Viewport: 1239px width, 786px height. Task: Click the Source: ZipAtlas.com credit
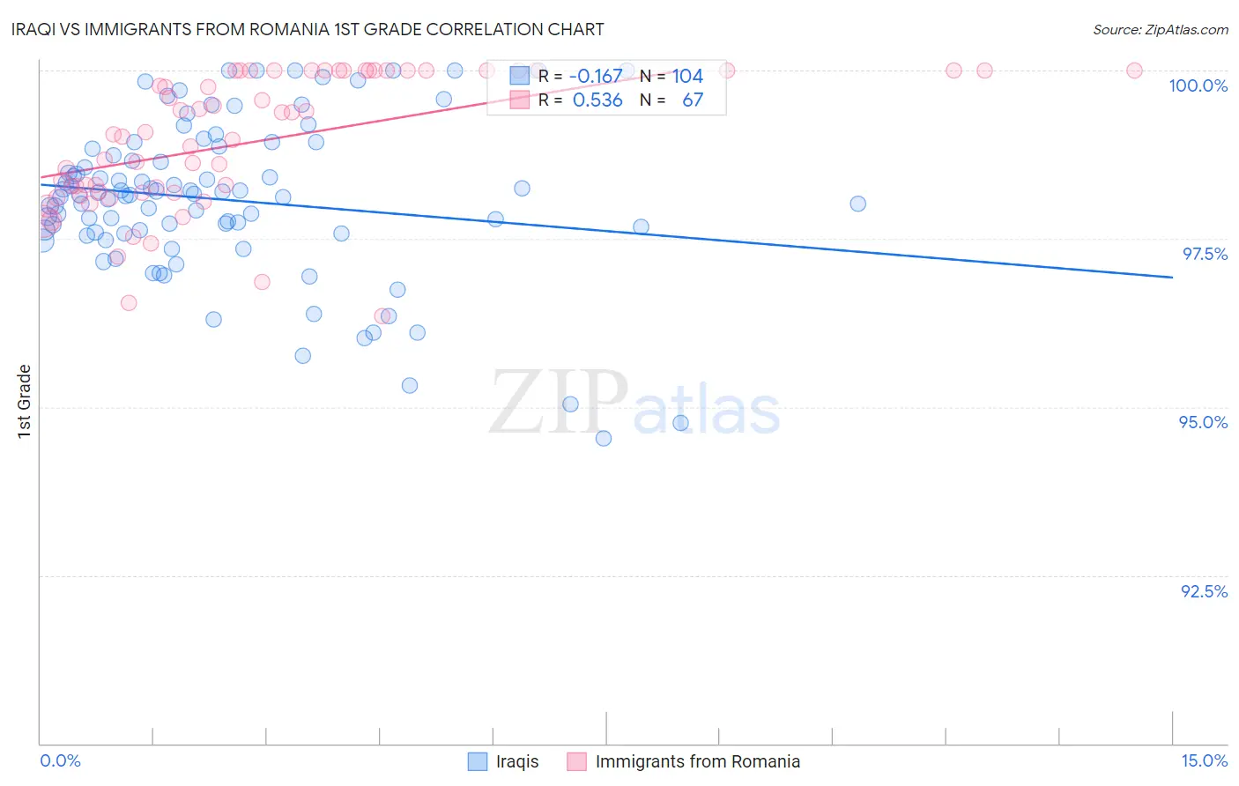(x=1160, y=29)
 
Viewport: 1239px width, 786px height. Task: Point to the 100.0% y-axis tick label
(x=1198, y=85)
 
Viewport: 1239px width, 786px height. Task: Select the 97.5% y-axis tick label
(x=1204, y=254)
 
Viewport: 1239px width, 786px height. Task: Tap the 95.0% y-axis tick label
(x=1203, y=422)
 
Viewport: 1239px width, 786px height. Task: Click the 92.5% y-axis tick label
(x=1204, y=591)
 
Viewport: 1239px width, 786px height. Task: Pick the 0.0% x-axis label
(x=60, y=760)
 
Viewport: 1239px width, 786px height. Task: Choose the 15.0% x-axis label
(x=1203, y=760)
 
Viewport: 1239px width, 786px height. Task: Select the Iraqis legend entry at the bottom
(x=503, y=761)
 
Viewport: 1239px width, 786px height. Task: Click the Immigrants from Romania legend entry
(x=684, y=761)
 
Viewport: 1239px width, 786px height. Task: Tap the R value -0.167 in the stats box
(x=596, y=77)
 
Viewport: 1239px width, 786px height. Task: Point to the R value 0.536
(x=597, y=100)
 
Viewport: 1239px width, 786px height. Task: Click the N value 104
(x=687, y=77)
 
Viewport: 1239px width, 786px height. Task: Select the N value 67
(x=693, y=100)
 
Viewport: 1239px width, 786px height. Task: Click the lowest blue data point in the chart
(x=604, y=438)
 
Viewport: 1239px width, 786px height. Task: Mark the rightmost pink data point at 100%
(x=1134, y=70)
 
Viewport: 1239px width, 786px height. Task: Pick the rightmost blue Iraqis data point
(x=857, y=204)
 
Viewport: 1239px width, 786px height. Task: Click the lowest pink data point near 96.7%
(x=129, y=302)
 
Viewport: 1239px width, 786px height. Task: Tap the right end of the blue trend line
(x=1172, y=278)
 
